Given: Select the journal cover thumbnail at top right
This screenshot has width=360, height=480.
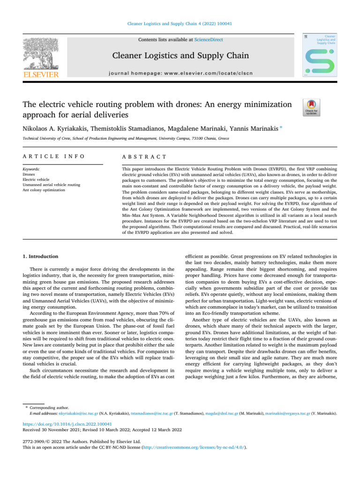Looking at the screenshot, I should click(x=320, y=55).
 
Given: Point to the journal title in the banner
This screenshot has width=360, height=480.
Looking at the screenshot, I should click(x=180, y=57).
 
